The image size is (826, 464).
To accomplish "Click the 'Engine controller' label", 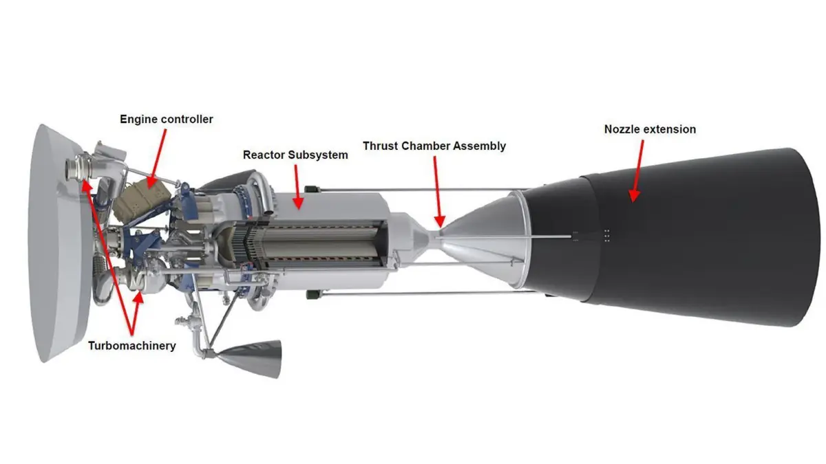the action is (x=167, y=120).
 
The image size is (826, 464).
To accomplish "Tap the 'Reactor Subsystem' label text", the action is (x=295, y=155).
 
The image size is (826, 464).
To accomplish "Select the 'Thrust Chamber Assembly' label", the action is (x=434, y=146).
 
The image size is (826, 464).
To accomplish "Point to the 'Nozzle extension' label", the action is (x=650, y=129).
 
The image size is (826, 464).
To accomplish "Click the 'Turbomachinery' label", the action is (x=132, y=346).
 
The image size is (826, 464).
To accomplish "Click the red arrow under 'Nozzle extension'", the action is (x=638, y=171).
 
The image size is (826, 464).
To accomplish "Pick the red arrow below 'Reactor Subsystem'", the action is (x=297, y=187).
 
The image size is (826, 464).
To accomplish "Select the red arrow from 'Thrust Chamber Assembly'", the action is (x=437, y=192).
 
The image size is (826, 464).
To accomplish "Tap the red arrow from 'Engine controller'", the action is (x=157, y=158).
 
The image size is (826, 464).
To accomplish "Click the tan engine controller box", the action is (x=142, y=203).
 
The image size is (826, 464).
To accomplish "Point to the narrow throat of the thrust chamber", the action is (x=436, y=236).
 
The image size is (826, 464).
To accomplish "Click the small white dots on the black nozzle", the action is (x=606, y=235).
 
